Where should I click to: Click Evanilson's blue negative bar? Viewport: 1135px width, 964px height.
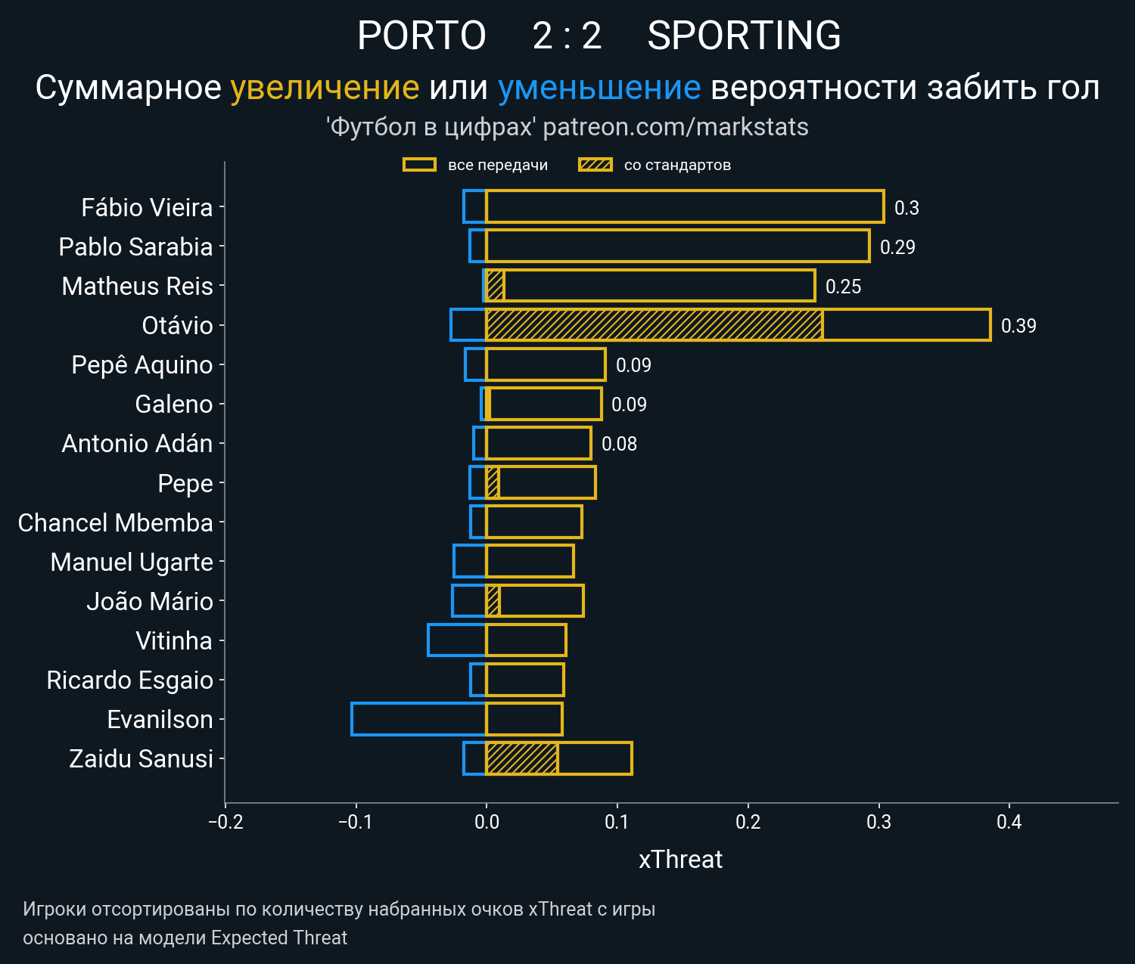(x=418, y=719)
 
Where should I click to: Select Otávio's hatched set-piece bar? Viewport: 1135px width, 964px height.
(x=654, y=325)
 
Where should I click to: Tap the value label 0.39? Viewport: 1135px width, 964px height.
(x=1018, y=326)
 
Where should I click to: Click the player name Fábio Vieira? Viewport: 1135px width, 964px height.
(x=147, y=208)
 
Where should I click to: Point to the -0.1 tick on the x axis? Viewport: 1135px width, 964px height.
(x=356, y=822)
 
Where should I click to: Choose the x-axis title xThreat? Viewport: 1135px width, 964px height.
(x=680, y=860)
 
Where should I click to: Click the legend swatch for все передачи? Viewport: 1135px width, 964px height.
(x=419, y=165)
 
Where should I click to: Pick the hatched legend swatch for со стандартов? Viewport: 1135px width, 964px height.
(x=595, y=165)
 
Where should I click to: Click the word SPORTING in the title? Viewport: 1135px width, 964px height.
(x=744, y=36)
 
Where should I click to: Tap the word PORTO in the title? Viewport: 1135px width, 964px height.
(x=421, y=36)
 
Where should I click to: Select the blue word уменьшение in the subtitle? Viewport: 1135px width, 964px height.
(x=599, y=88)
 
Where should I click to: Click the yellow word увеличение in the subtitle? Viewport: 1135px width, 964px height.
(x=325, y=88)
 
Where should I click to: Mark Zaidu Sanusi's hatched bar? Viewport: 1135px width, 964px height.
(x=522, y=758)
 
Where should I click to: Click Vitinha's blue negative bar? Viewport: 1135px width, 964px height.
(x=457, y=640)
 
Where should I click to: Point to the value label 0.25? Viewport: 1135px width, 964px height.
(x=843, y=287)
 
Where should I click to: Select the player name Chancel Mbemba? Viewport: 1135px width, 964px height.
(x=115, y=522)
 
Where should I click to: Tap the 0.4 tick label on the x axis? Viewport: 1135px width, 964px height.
(x=1009, y=822)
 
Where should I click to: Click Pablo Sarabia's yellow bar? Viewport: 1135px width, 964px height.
(x=677, y=246)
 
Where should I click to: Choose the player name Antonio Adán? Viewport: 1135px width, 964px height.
(x=137, y=444)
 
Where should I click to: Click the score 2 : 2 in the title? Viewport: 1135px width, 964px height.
(x=567, y=36)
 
